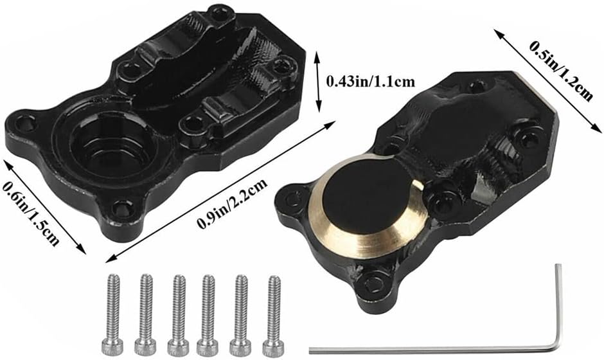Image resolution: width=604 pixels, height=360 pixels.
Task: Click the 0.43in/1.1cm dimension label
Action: tap(370, 82)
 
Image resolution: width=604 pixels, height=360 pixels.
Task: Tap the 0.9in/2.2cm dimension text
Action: tap(232, 204)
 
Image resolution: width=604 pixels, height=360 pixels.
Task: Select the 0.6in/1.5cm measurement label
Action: tap(31, 212)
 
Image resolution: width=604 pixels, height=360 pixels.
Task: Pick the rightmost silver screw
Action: tap(274, 316)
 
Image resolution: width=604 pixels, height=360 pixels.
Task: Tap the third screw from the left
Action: tap(179, 315)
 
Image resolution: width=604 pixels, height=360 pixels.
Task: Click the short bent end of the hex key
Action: tap(558, 305)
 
